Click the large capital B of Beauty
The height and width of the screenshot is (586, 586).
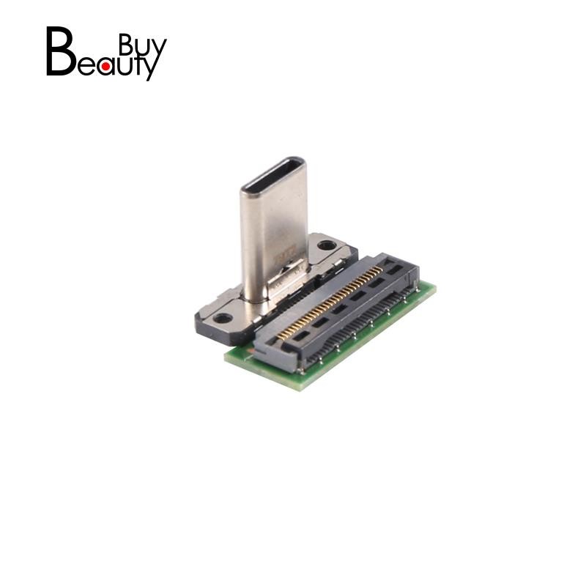pyautogui.click(x=59, y=51)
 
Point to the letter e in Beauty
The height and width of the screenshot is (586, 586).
pyautogui.click(x=85, y=66)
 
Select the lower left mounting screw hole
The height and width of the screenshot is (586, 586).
pyautogui.click(x=222, y=318)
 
